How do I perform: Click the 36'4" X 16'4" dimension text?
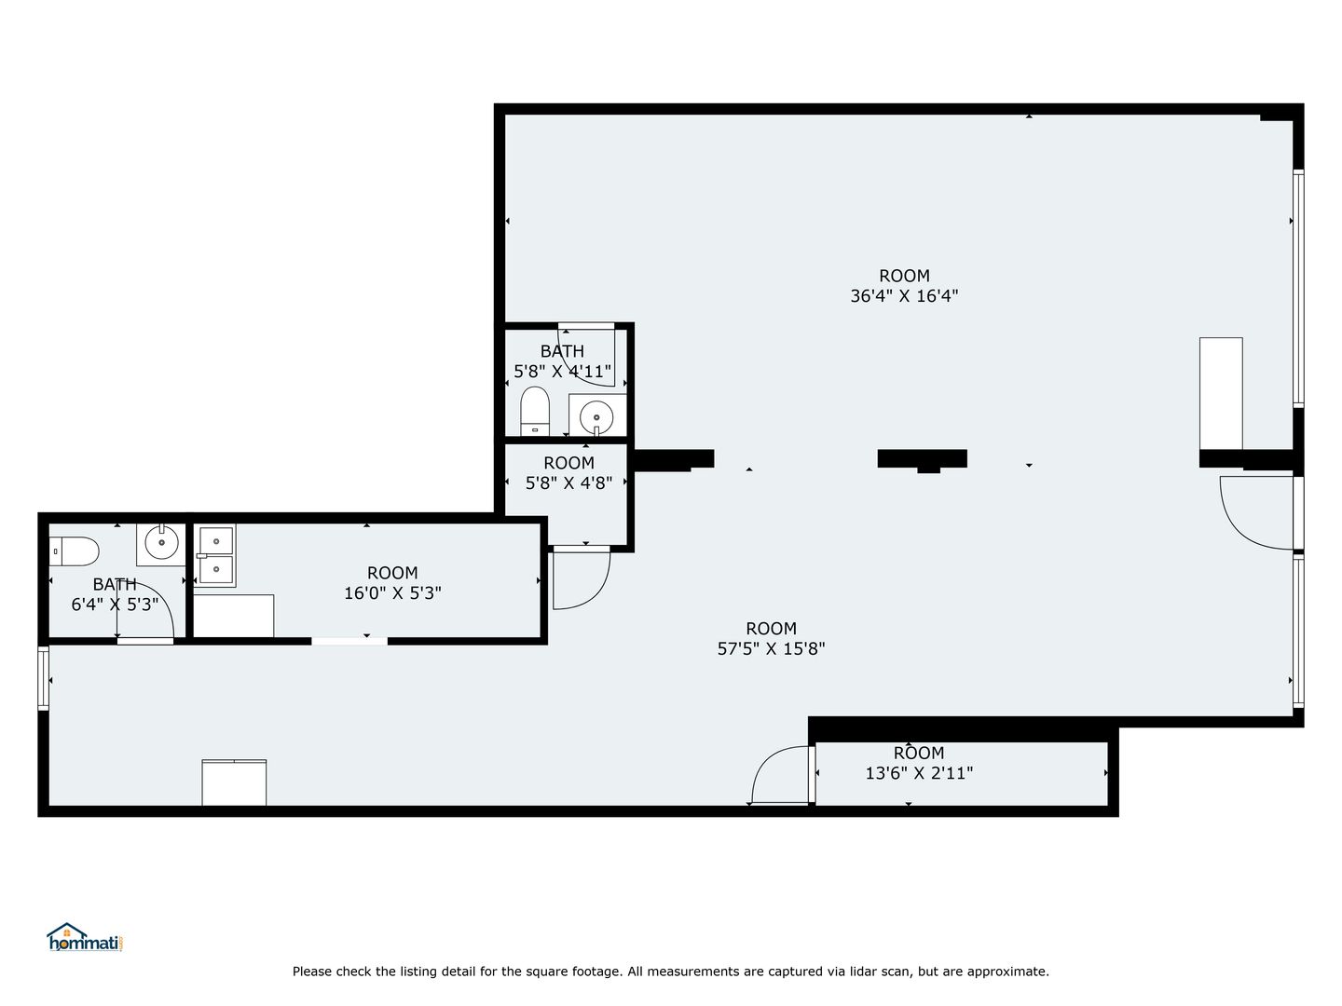click(x=904, y=296)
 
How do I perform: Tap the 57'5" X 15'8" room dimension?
click(x=771, y=648)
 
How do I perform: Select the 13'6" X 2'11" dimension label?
click(x=919, y=773)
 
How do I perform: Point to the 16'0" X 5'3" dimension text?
click(x=392, y=593)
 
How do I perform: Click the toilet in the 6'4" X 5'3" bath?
click(x=74, y=551)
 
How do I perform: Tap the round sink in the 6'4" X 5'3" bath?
click(x=161, y=542)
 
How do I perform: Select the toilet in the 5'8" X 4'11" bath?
click(x=535, y=411)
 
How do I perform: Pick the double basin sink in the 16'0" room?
click(x=215, y=556)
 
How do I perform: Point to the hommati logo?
click(x=86, y=938)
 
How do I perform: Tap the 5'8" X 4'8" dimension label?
click(x=568, y=483)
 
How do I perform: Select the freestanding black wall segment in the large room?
click(x=922, y=459)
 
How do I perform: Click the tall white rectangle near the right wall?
click(x=1221, y=393)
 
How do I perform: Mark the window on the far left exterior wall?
click(x=44, y=678)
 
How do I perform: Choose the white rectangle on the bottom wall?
click(x=234, y=782)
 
